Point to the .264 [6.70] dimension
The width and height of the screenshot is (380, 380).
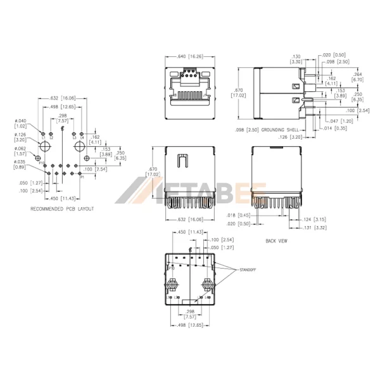click(357, 77)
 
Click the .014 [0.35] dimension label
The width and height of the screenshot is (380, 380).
click(336, 128)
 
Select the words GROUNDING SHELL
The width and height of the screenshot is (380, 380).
click(283, 129)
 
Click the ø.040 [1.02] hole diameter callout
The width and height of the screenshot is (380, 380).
click(21, 123)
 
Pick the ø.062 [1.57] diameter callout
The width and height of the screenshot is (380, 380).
click(21, 151)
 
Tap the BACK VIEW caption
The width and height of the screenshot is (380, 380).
click(277, 241)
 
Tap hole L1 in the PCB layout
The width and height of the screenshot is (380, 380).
click(43, 134)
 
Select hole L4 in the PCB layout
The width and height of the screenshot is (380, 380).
click(82, 134)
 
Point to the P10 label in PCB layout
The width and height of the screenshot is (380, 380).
click(41, 163)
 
